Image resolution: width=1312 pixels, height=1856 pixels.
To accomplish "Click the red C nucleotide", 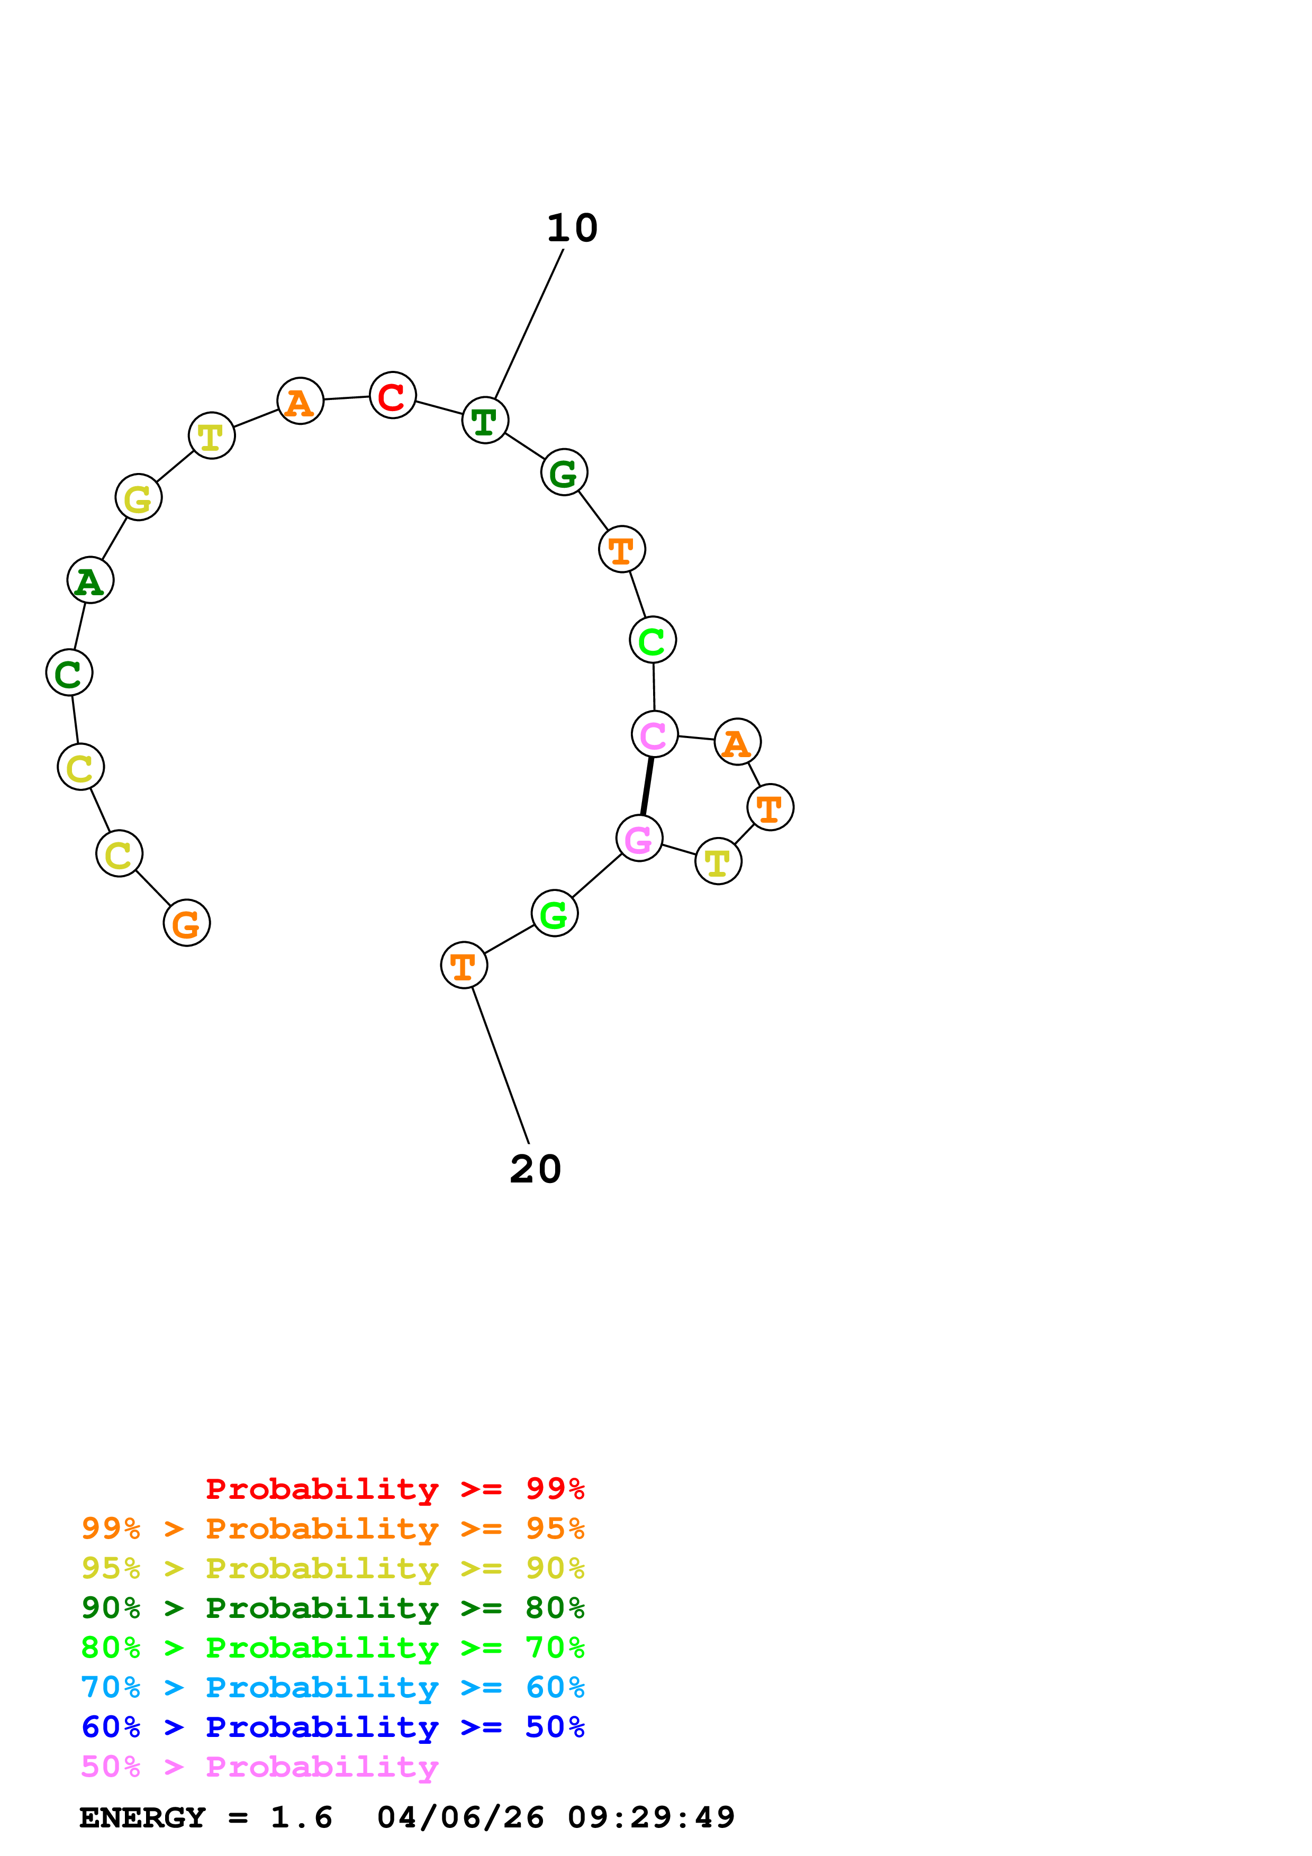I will pos(392,395).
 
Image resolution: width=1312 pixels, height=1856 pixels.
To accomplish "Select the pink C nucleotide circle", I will pos(654,734).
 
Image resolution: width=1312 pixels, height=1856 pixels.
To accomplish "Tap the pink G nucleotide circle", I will pos(639,838).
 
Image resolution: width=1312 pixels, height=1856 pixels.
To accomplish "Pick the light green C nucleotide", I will pos(653,640).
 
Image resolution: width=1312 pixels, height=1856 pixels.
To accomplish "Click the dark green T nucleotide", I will pos(484,420).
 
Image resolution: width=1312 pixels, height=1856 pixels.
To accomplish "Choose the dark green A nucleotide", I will pos(90,580).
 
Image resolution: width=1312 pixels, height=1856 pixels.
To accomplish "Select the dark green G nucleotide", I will pos(564,472).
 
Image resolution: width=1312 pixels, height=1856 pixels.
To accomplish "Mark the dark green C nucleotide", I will pos(69,672).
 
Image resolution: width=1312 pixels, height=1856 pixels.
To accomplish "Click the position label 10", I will pos(572,229).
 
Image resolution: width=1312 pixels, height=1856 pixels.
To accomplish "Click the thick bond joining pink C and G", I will pos(647,786).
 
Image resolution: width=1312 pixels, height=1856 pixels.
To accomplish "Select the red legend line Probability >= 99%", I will pos(394,1488).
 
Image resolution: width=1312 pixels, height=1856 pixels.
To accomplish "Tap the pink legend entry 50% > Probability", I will pos(259,1766).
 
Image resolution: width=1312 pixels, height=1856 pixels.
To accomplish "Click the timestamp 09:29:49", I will pos(651,1818).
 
